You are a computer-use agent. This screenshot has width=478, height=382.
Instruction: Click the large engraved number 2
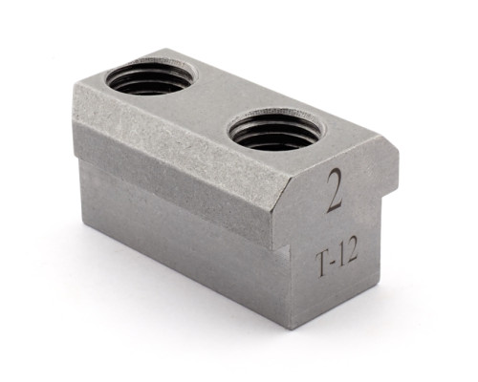point(335,190)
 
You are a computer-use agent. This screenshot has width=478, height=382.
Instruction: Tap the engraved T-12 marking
point(337,263)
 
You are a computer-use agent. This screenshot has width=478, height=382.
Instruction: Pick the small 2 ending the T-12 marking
point(351,258)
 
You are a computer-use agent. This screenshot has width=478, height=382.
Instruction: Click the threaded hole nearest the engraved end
point(276,129)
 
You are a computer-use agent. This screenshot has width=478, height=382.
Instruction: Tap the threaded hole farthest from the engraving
point(152,75)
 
